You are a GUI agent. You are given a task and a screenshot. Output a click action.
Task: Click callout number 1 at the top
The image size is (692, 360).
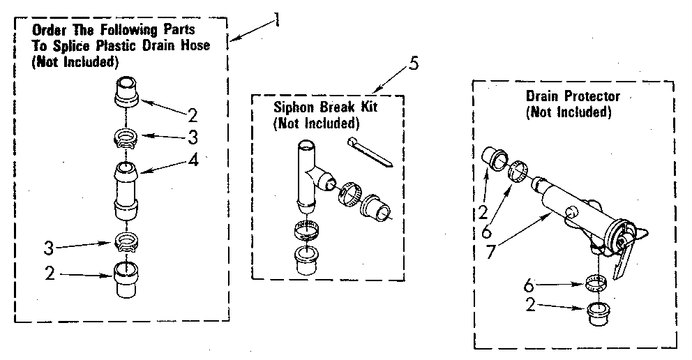tap(277, 19)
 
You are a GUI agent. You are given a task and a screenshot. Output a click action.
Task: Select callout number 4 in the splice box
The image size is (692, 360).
tap(193, 160)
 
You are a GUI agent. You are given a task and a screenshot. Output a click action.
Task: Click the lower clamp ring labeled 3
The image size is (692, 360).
tap(124, 243)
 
